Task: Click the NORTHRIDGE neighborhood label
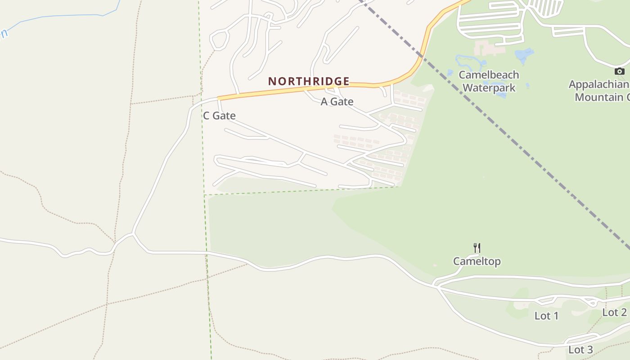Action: pyautogui.click(x=309, y=81)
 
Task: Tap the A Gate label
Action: pyautogui.click(x=337, y=102)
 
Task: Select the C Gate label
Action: pyautogui.click(x=219, y=116)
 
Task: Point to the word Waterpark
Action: pyautogui.click(x=489, y=87)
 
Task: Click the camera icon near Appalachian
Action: pyautogui.click(x=620, y=71)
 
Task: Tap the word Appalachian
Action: pyautogui.click(x=598, y=84)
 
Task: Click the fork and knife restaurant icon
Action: pyautogui.click(x=477, y=247)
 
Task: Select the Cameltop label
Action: pyautogui.click(x=477, y=261)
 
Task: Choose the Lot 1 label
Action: pyautogui.click(x=546, y=316)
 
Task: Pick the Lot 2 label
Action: pyautogui.click(x=614, y=312)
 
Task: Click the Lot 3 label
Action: pyautogui.click(x=580, y=350)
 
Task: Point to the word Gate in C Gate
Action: pyautogui.click(x=225, y=116)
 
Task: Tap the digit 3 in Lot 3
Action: pyautogui.click(x=589, y=350)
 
